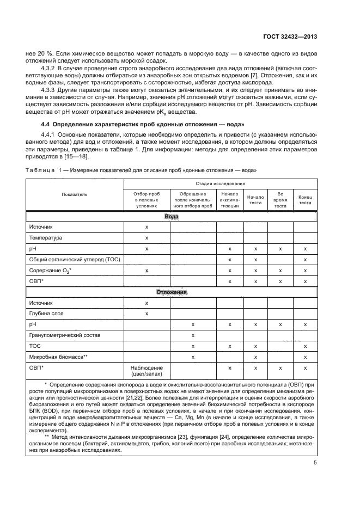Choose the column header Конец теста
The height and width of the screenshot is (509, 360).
(305, 200)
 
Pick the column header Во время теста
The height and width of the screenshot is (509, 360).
(280, 200)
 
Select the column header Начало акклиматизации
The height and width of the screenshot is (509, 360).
(229, 200)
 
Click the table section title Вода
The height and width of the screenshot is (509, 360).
(171, 217)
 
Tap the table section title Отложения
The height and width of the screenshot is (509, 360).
(171, 292)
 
